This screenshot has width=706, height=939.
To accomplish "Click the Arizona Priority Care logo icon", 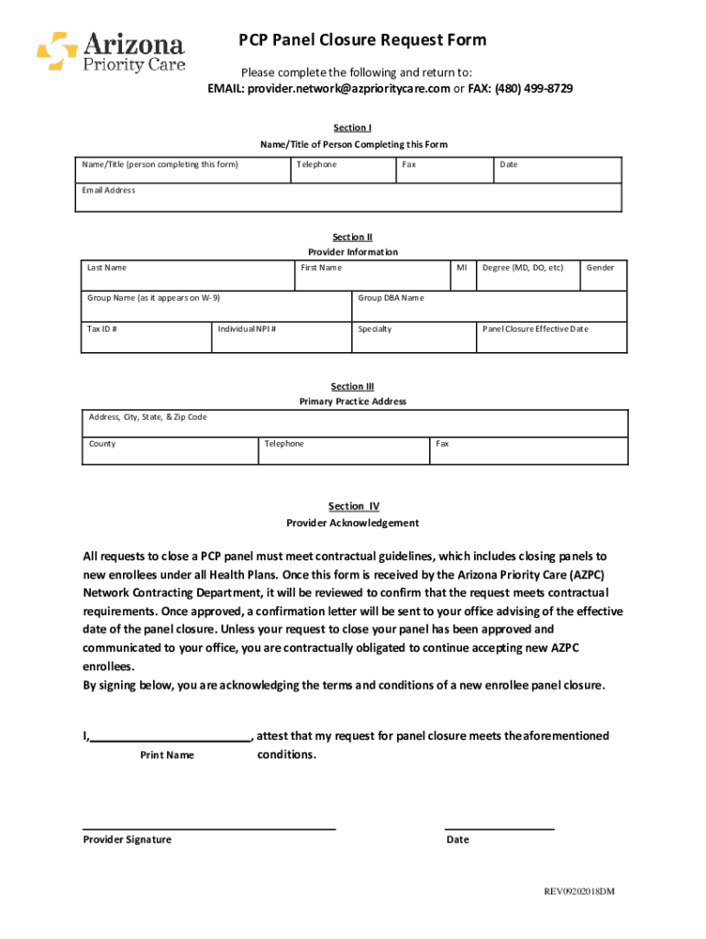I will coord(57,51).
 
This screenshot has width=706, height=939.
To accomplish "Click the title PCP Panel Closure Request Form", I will coord(362,40).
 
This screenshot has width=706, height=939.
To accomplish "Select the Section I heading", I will coord(352,128).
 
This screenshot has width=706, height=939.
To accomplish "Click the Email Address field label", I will coord(108,191).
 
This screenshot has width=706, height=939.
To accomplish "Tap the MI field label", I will coord(462,268).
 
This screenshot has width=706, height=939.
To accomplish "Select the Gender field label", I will coord(601,268).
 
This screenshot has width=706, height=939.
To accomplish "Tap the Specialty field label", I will coord(374,329).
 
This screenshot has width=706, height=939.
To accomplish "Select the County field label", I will coord(102,444).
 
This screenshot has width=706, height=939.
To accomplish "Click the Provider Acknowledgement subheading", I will coord(352,524).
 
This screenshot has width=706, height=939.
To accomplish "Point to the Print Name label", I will coord(167,756).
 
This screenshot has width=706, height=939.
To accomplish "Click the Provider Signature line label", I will coord(127,840).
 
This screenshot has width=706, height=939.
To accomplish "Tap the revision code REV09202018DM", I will coord(579,892).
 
